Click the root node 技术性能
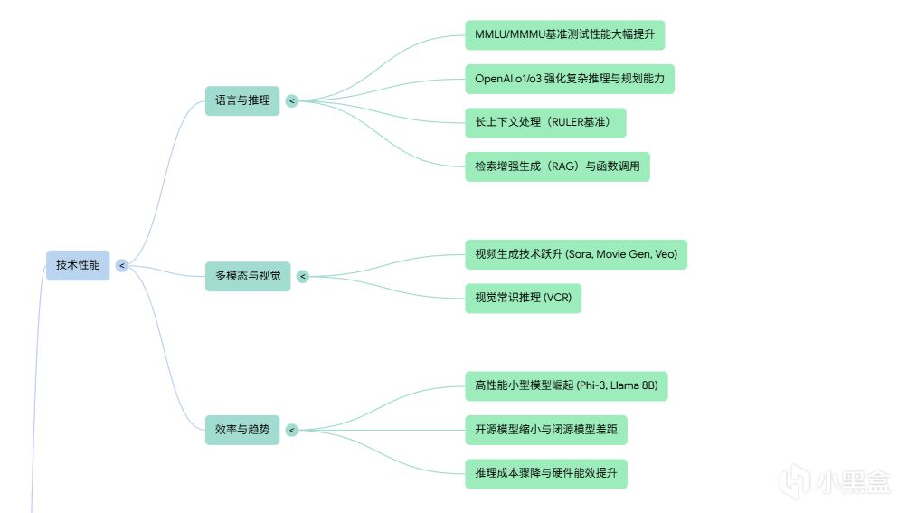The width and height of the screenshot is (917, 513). pyautogui.click(x=78, y=265)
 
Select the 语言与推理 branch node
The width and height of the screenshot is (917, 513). pyautogui.click(x=242, y=100)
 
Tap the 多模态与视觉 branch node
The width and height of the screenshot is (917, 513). pyautogui.click(x=248, y=276)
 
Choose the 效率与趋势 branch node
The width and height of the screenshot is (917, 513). pyautogui.click(x=242, y=430)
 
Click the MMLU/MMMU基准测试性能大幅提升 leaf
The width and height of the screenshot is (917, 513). pyautogui.click(x=564, y=35)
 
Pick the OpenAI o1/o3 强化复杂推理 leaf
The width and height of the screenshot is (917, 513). pyautogui.click(x=570, y=79)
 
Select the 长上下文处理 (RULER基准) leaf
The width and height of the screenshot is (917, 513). pyautogui.click(x=545, y=122)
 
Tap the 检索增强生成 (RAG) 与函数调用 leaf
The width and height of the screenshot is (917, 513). pyautogui.click(x=557, y=166)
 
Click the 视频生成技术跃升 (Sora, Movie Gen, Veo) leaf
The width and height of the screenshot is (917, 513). pyautogui.click(x=576, y=254)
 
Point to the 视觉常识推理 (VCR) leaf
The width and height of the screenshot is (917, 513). pyautogui.click(x=523, y=298)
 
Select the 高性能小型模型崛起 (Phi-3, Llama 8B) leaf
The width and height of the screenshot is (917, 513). pyautogui.click(x=566, y=386)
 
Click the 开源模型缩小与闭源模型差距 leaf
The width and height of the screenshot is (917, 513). pyautogui.click(x=546, y=430)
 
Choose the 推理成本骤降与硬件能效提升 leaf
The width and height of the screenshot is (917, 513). pyautogui.click(x=546, y=473)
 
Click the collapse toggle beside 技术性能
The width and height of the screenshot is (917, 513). pyautogui.click(x=121, y=265)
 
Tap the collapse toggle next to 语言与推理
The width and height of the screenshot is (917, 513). pyautogui.click(x=291, y=100)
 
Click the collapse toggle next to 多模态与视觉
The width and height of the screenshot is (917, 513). pyautogui.click(x=303, y=276)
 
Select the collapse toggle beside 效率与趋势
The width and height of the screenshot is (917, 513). pyautogui.click(x=291, y=430)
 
